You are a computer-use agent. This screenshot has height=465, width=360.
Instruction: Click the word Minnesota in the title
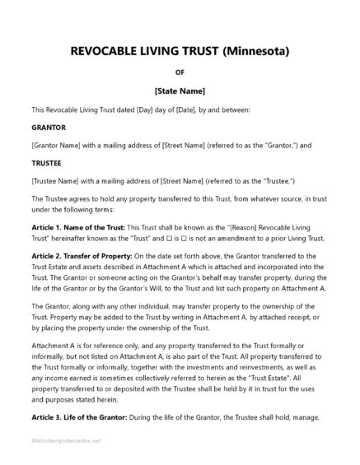254,51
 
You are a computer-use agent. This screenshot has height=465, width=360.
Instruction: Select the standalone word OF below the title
180,72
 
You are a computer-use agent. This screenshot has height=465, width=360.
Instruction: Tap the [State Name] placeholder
180,90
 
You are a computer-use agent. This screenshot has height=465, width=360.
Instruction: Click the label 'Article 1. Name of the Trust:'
78,226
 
